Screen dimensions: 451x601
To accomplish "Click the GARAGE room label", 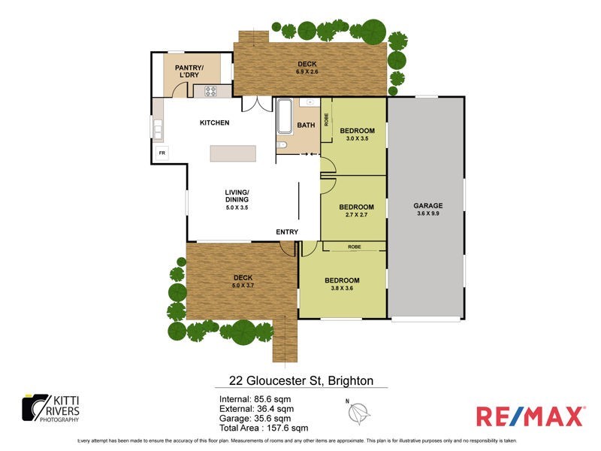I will click(428, 205).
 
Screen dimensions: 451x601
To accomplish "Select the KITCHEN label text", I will click(214, 123).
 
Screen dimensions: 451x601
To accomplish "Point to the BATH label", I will click(306, 126).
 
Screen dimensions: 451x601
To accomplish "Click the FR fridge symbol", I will click(162, 153).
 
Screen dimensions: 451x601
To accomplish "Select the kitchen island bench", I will click(232, 153).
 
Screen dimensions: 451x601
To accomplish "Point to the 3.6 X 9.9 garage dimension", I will click(428, 213).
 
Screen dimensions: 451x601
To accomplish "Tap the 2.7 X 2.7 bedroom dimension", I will click(356, 215).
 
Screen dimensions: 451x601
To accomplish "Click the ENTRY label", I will click(287, 232).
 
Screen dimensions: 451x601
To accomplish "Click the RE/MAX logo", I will click(530, 416).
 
